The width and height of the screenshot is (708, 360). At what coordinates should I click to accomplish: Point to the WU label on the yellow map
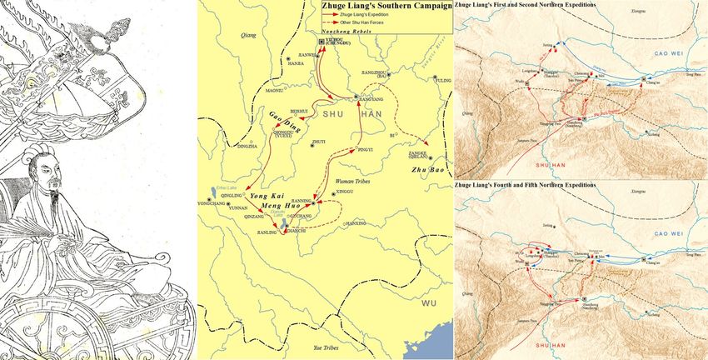click(x=430, y=302)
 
